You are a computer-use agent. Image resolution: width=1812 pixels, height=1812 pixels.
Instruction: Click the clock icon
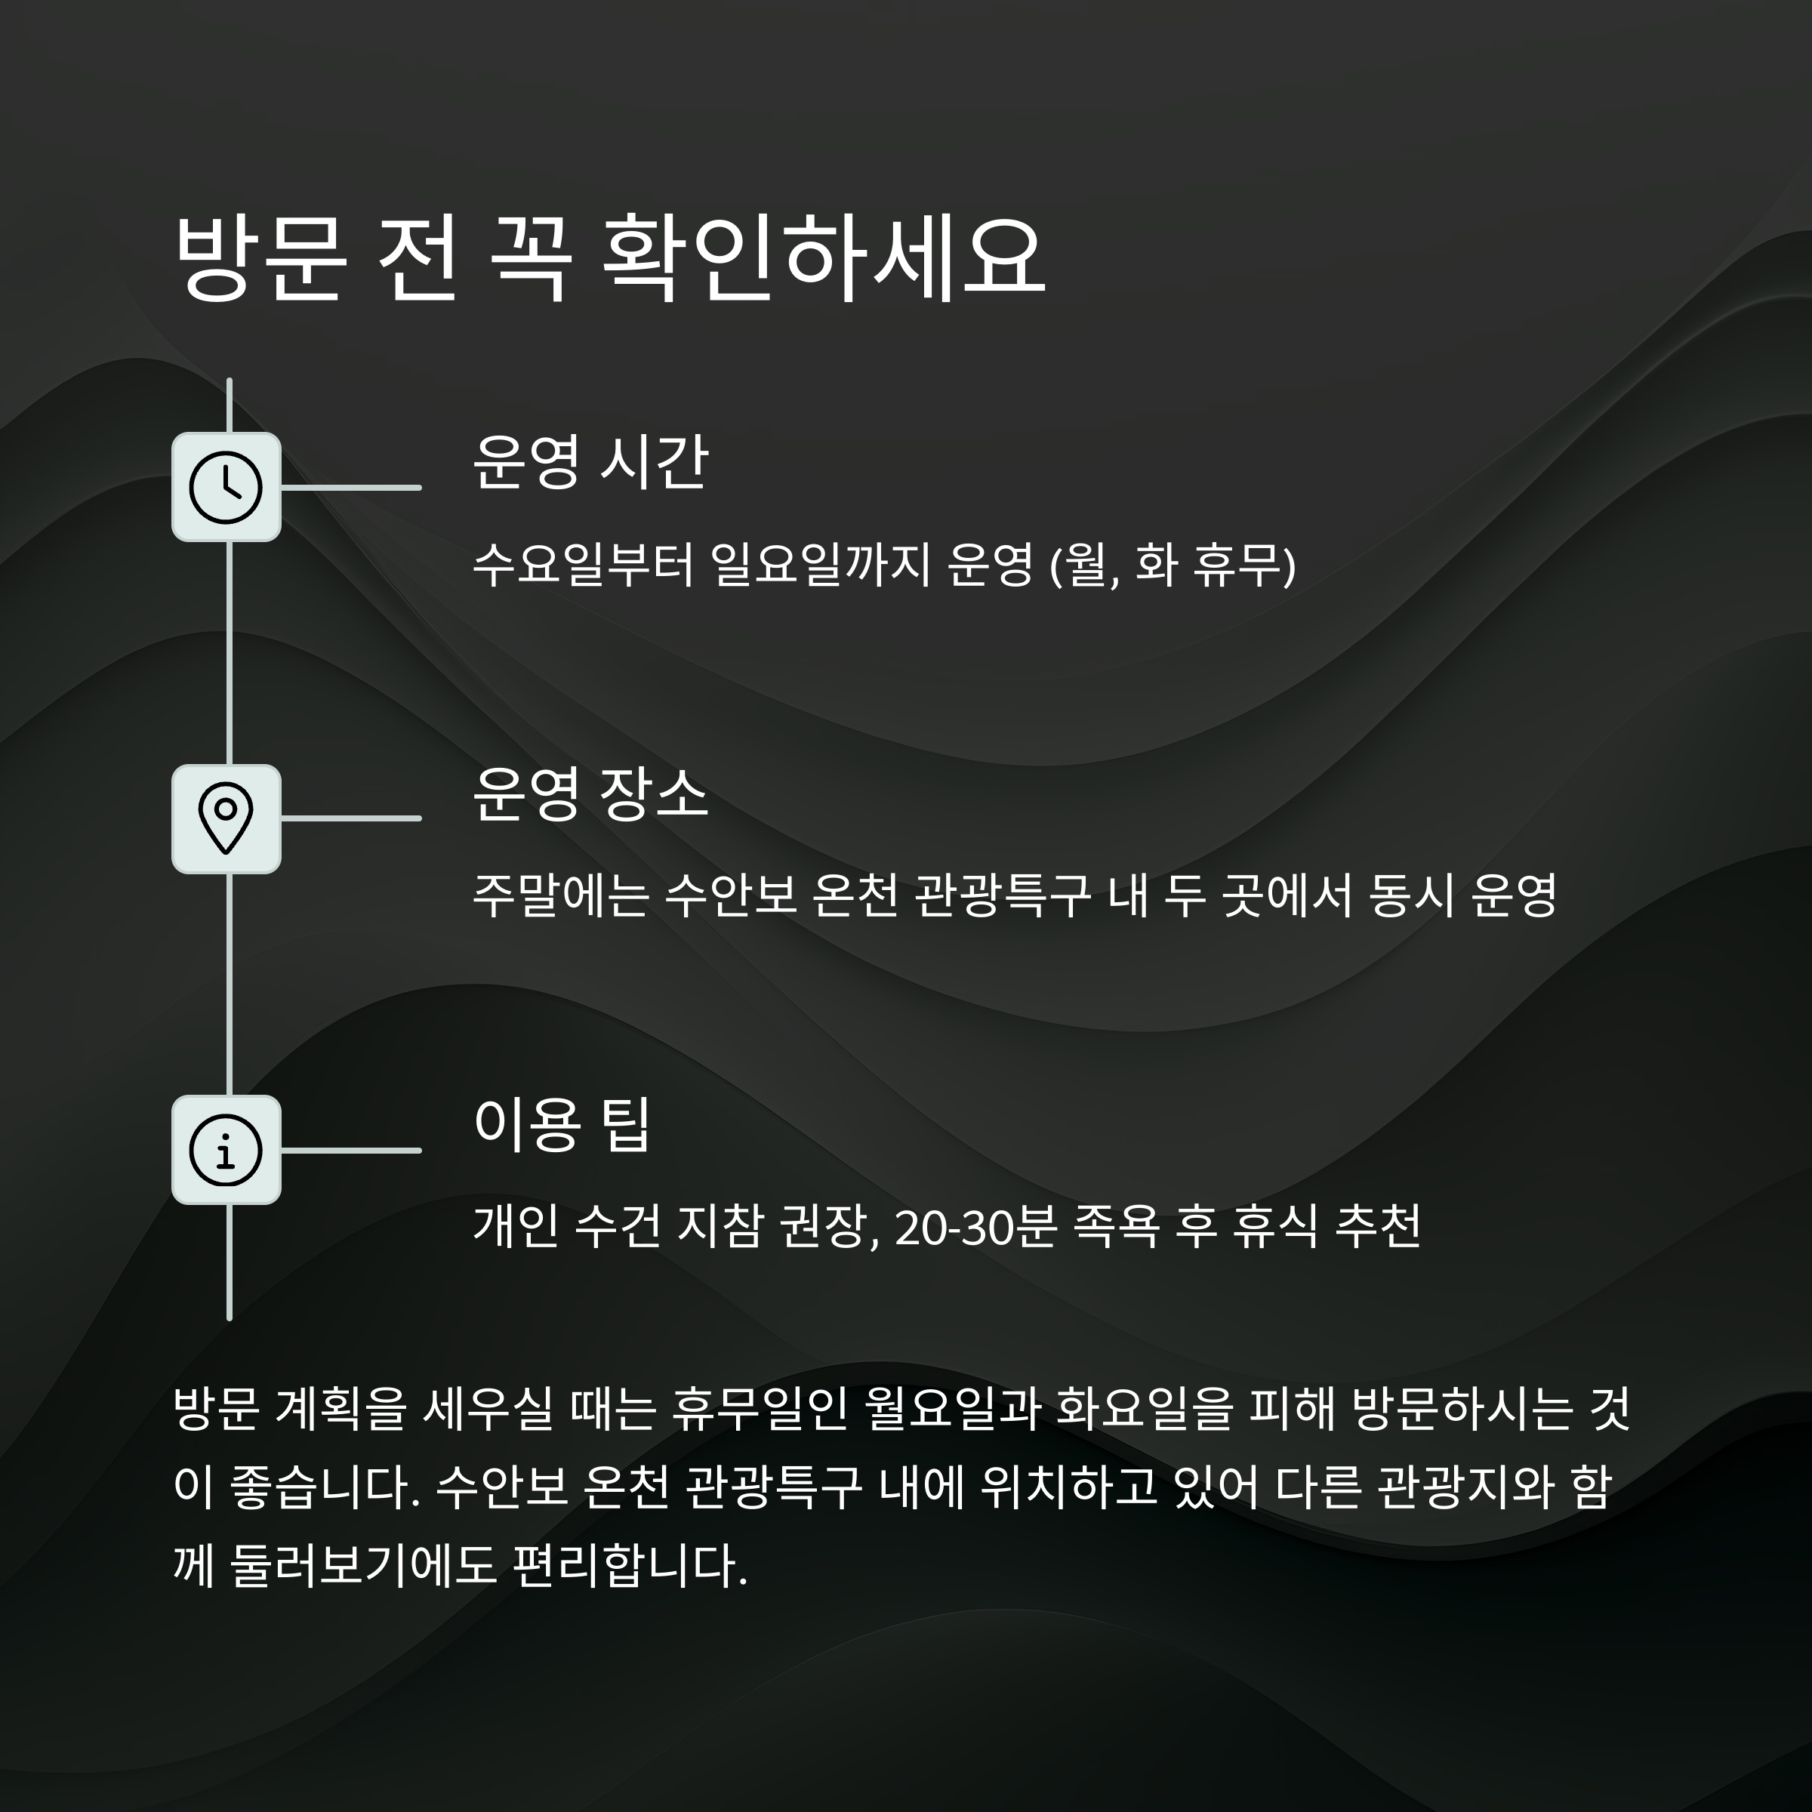[226, 487]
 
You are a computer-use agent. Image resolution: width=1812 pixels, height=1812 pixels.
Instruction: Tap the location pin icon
[226, 818]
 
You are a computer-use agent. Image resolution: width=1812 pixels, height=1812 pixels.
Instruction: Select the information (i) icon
[226, 1150]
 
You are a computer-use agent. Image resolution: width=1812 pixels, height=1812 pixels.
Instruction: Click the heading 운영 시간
[590, 462]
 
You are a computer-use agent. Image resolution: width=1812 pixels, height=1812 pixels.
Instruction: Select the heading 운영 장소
[590, 794]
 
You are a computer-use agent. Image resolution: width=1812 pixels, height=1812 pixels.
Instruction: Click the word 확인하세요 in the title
[821, 259]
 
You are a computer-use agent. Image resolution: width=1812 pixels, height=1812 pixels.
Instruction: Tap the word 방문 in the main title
[259, 259]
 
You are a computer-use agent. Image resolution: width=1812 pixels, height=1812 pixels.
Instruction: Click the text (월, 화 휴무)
[1172, 565]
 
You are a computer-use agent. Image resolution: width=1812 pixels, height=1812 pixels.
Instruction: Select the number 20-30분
[976, 1227]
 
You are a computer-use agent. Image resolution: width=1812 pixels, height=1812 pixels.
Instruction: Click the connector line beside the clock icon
[351, 488]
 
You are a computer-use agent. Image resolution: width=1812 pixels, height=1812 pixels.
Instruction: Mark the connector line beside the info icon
[351, 1150]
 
